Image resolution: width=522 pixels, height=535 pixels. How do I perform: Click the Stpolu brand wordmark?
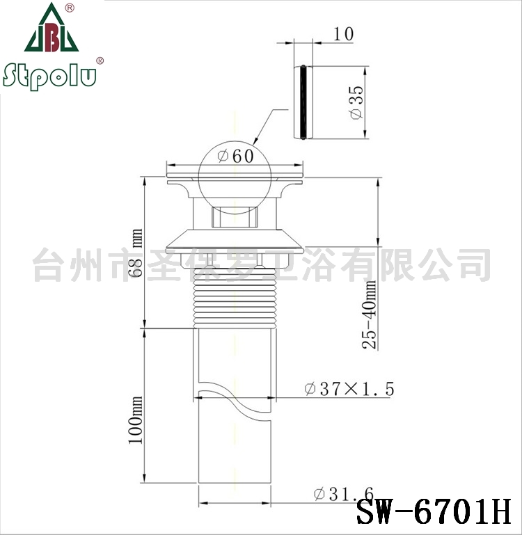click(x=49, y=76)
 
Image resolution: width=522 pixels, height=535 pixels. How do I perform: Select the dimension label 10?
click(x=343, y=34)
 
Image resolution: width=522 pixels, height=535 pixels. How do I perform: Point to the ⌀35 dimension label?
click(x=357, y=102)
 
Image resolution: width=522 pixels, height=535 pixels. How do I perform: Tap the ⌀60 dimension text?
click(x=236, y=157)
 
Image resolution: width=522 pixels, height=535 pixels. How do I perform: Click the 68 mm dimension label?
click(x=136, y=253)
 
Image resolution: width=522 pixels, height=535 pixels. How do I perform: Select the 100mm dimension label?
click(x=136, y=420)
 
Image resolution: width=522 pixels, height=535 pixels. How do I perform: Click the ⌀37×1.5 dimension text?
click(x=349, y=389)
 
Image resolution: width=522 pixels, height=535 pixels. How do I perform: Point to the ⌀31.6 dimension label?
click(x=344, y=494)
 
